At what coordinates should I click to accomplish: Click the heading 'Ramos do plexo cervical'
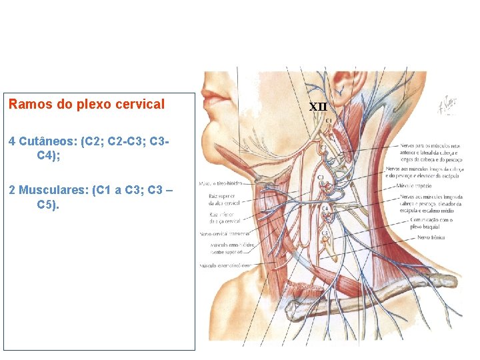point(86,105)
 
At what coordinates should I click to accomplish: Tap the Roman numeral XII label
point(318,106)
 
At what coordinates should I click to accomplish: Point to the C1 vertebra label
point(329,121)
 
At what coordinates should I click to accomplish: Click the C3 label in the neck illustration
point(321,177)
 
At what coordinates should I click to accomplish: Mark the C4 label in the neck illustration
point(325,208)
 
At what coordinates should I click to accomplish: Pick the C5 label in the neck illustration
point(325,233)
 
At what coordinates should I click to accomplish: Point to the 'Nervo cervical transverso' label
point(225,234)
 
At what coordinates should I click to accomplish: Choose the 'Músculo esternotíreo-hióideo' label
point(224,265)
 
